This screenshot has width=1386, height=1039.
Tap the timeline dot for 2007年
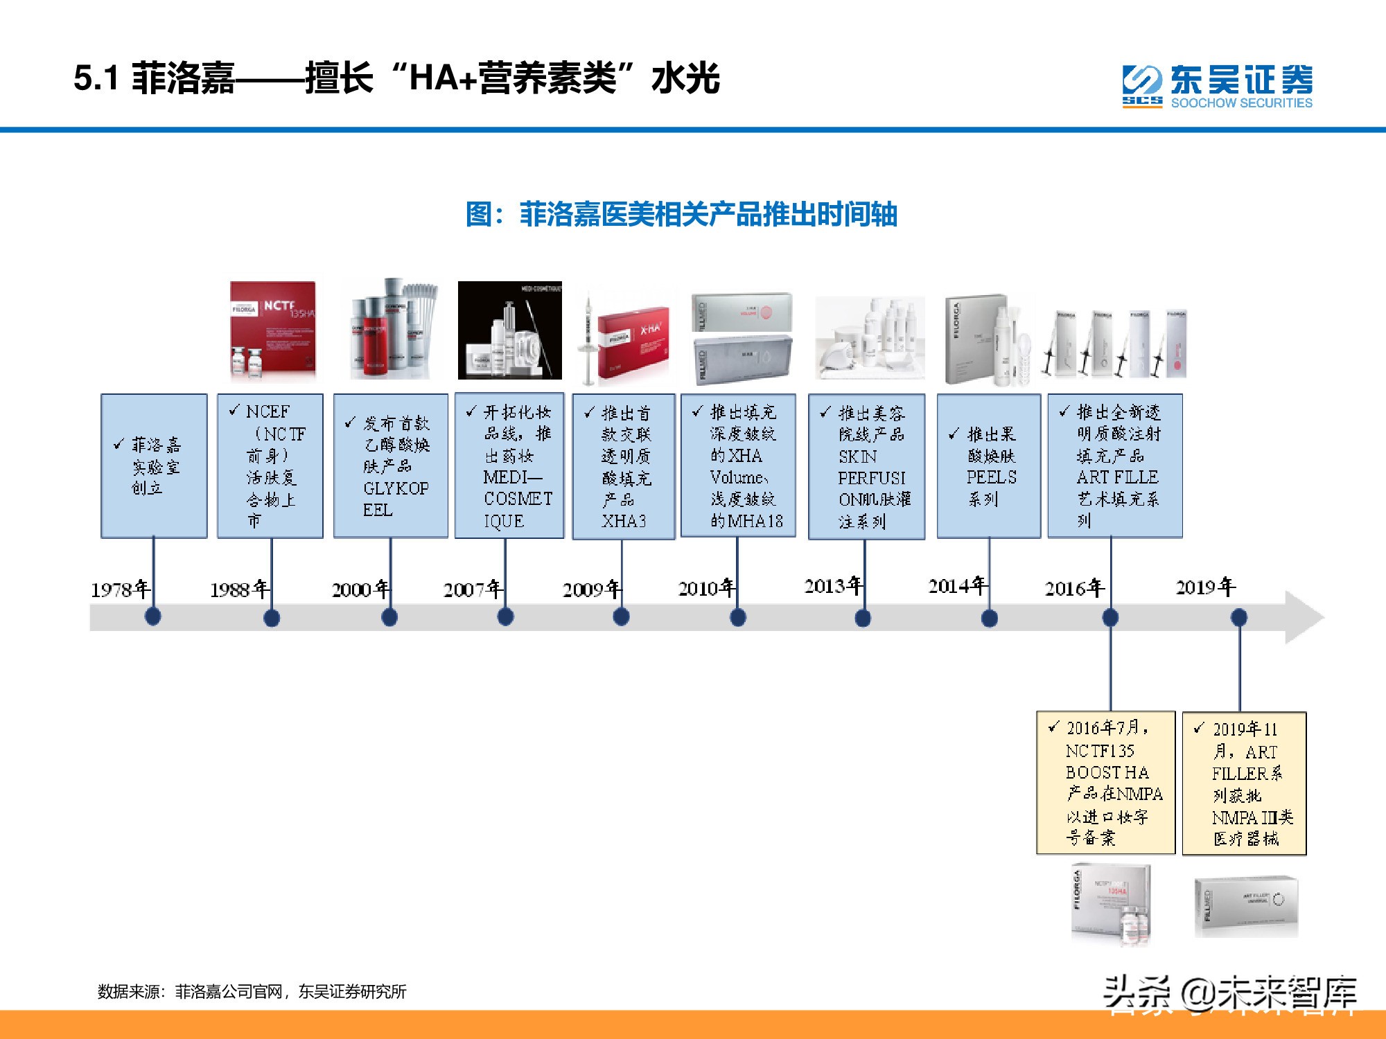505,616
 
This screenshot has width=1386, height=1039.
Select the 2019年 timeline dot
1239,616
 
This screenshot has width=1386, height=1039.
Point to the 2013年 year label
834,586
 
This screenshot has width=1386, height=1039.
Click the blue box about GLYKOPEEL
390,466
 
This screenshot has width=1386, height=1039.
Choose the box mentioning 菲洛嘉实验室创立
154,466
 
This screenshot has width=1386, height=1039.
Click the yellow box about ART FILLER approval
1244,783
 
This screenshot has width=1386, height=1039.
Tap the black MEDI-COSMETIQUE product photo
509,330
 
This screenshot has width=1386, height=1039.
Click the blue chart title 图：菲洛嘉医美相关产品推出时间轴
681,214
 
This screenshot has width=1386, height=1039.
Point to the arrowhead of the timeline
1304,617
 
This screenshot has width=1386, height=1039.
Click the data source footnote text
252,992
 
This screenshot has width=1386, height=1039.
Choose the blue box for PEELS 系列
988,466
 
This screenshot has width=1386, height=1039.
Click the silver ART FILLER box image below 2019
1246,906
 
